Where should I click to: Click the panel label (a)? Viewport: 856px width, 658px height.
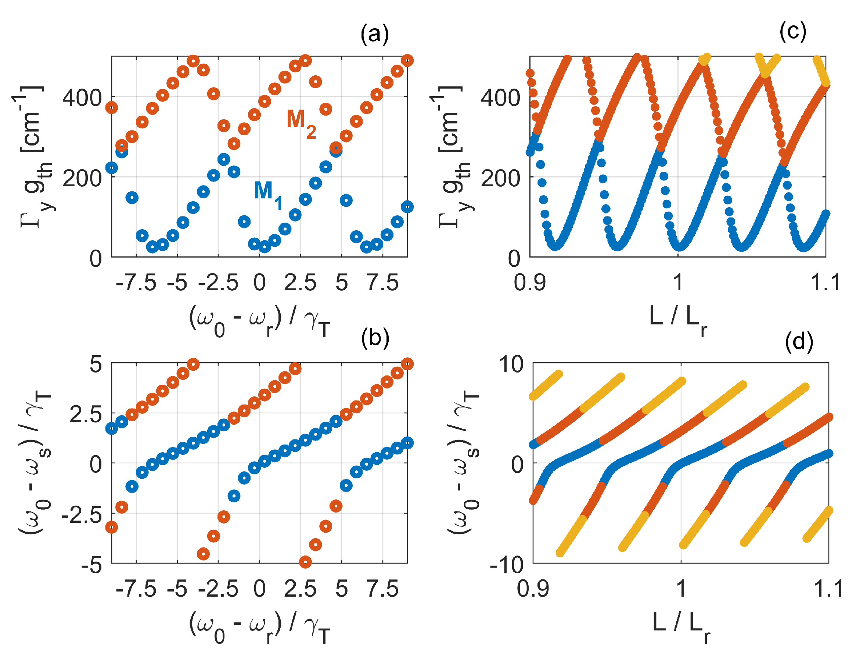pos(374,34)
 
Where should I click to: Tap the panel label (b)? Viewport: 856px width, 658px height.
pos(375,338)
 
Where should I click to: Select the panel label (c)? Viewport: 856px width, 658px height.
pos(792,31)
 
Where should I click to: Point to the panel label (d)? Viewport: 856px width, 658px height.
pos(799,342)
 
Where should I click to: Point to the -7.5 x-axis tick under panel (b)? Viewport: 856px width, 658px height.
pos(136,589)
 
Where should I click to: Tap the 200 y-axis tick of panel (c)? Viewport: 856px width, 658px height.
pos(500,179)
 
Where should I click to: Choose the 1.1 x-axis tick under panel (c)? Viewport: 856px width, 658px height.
pos(825,283)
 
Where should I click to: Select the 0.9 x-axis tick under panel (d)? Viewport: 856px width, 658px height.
pos(533,589)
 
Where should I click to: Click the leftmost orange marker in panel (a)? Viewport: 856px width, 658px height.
pos(112,108)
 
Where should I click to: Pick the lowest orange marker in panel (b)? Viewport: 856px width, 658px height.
pos(305,562)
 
